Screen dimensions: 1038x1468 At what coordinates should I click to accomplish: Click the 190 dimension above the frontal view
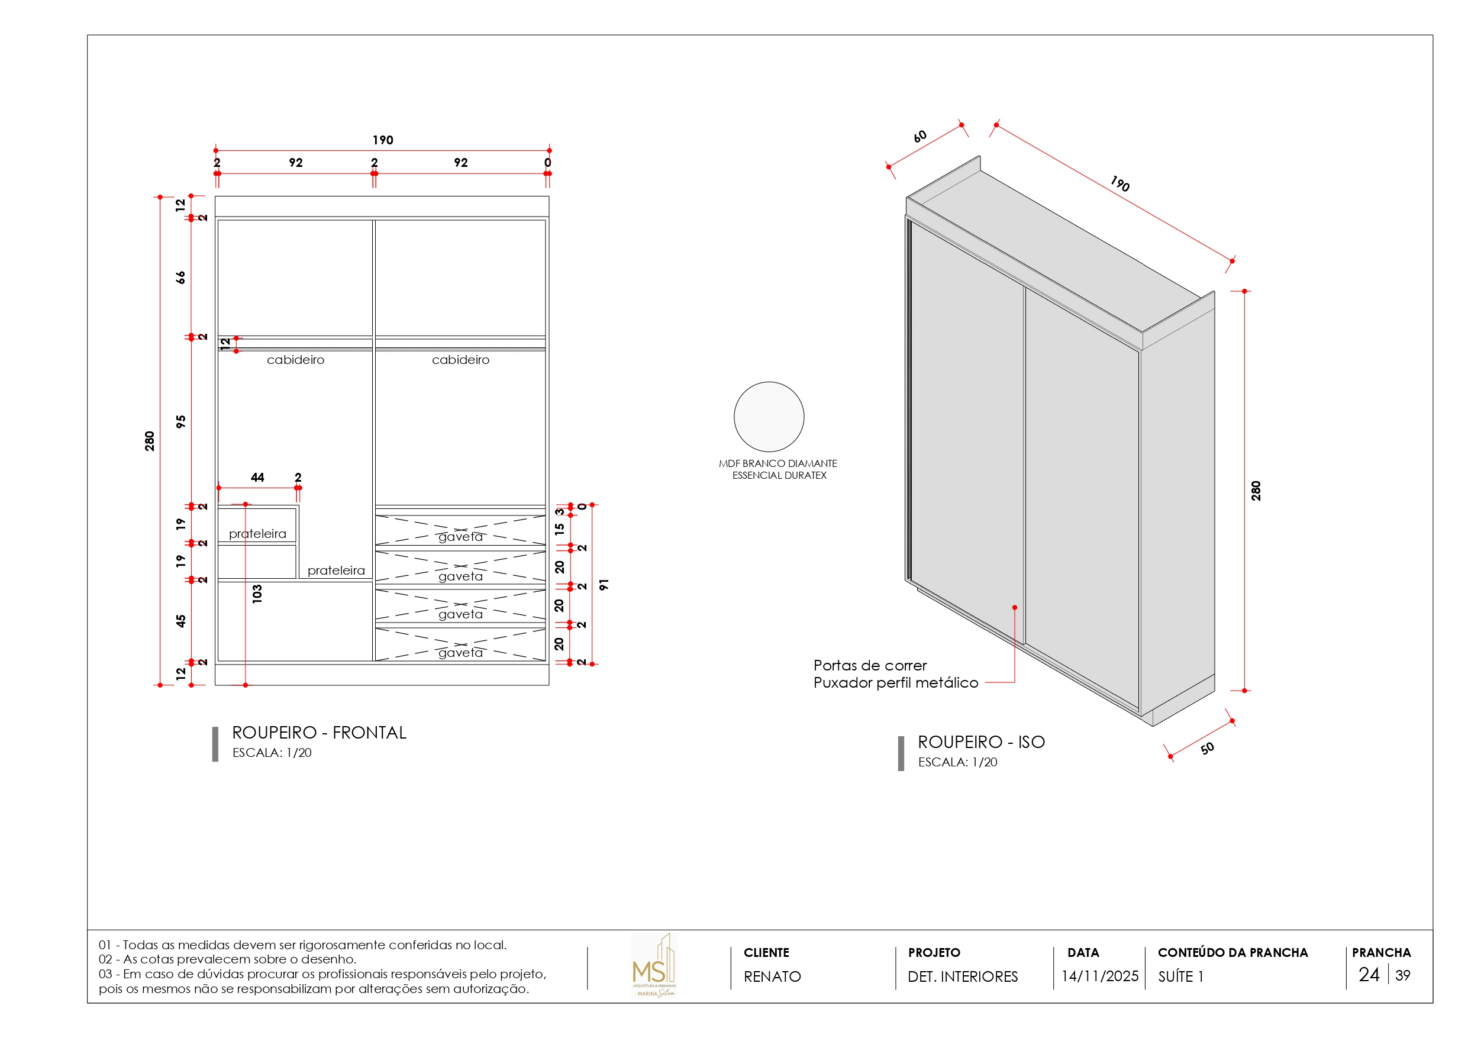(382, 140)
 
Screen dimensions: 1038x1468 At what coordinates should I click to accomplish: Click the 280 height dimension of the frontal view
(150, 441)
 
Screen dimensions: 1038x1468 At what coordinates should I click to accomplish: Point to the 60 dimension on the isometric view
(919, 136)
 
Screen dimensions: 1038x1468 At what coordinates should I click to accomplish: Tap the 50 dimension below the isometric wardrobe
(1206, 747)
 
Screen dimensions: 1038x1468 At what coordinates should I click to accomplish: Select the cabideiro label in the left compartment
(295, 360)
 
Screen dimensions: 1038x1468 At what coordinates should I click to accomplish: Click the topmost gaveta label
(460, 537)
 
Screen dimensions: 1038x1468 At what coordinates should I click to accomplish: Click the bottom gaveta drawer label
(460, 652)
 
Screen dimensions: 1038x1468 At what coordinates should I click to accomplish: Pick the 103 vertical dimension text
(257, 594)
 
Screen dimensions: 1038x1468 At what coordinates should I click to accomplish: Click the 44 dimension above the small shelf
(257, 477)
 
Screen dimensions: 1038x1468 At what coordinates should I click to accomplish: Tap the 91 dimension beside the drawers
(604, 585)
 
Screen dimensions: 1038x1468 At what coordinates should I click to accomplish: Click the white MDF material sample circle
(769, 417)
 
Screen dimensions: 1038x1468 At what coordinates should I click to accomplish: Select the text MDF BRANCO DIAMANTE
(777, 463)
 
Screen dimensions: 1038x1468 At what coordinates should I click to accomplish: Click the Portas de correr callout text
(870, 665)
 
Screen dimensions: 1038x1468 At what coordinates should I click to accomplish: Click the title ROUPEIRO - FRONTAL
(319, 732)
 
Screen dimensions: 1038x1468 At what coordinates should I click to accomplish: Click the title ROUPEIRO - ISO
(981, 742)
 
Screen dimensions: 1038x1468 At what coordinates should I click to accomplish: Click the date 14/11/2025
(1099, 976)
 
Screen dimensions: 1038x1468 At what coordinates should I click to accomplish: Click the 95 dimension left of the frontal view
(181, 421)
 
